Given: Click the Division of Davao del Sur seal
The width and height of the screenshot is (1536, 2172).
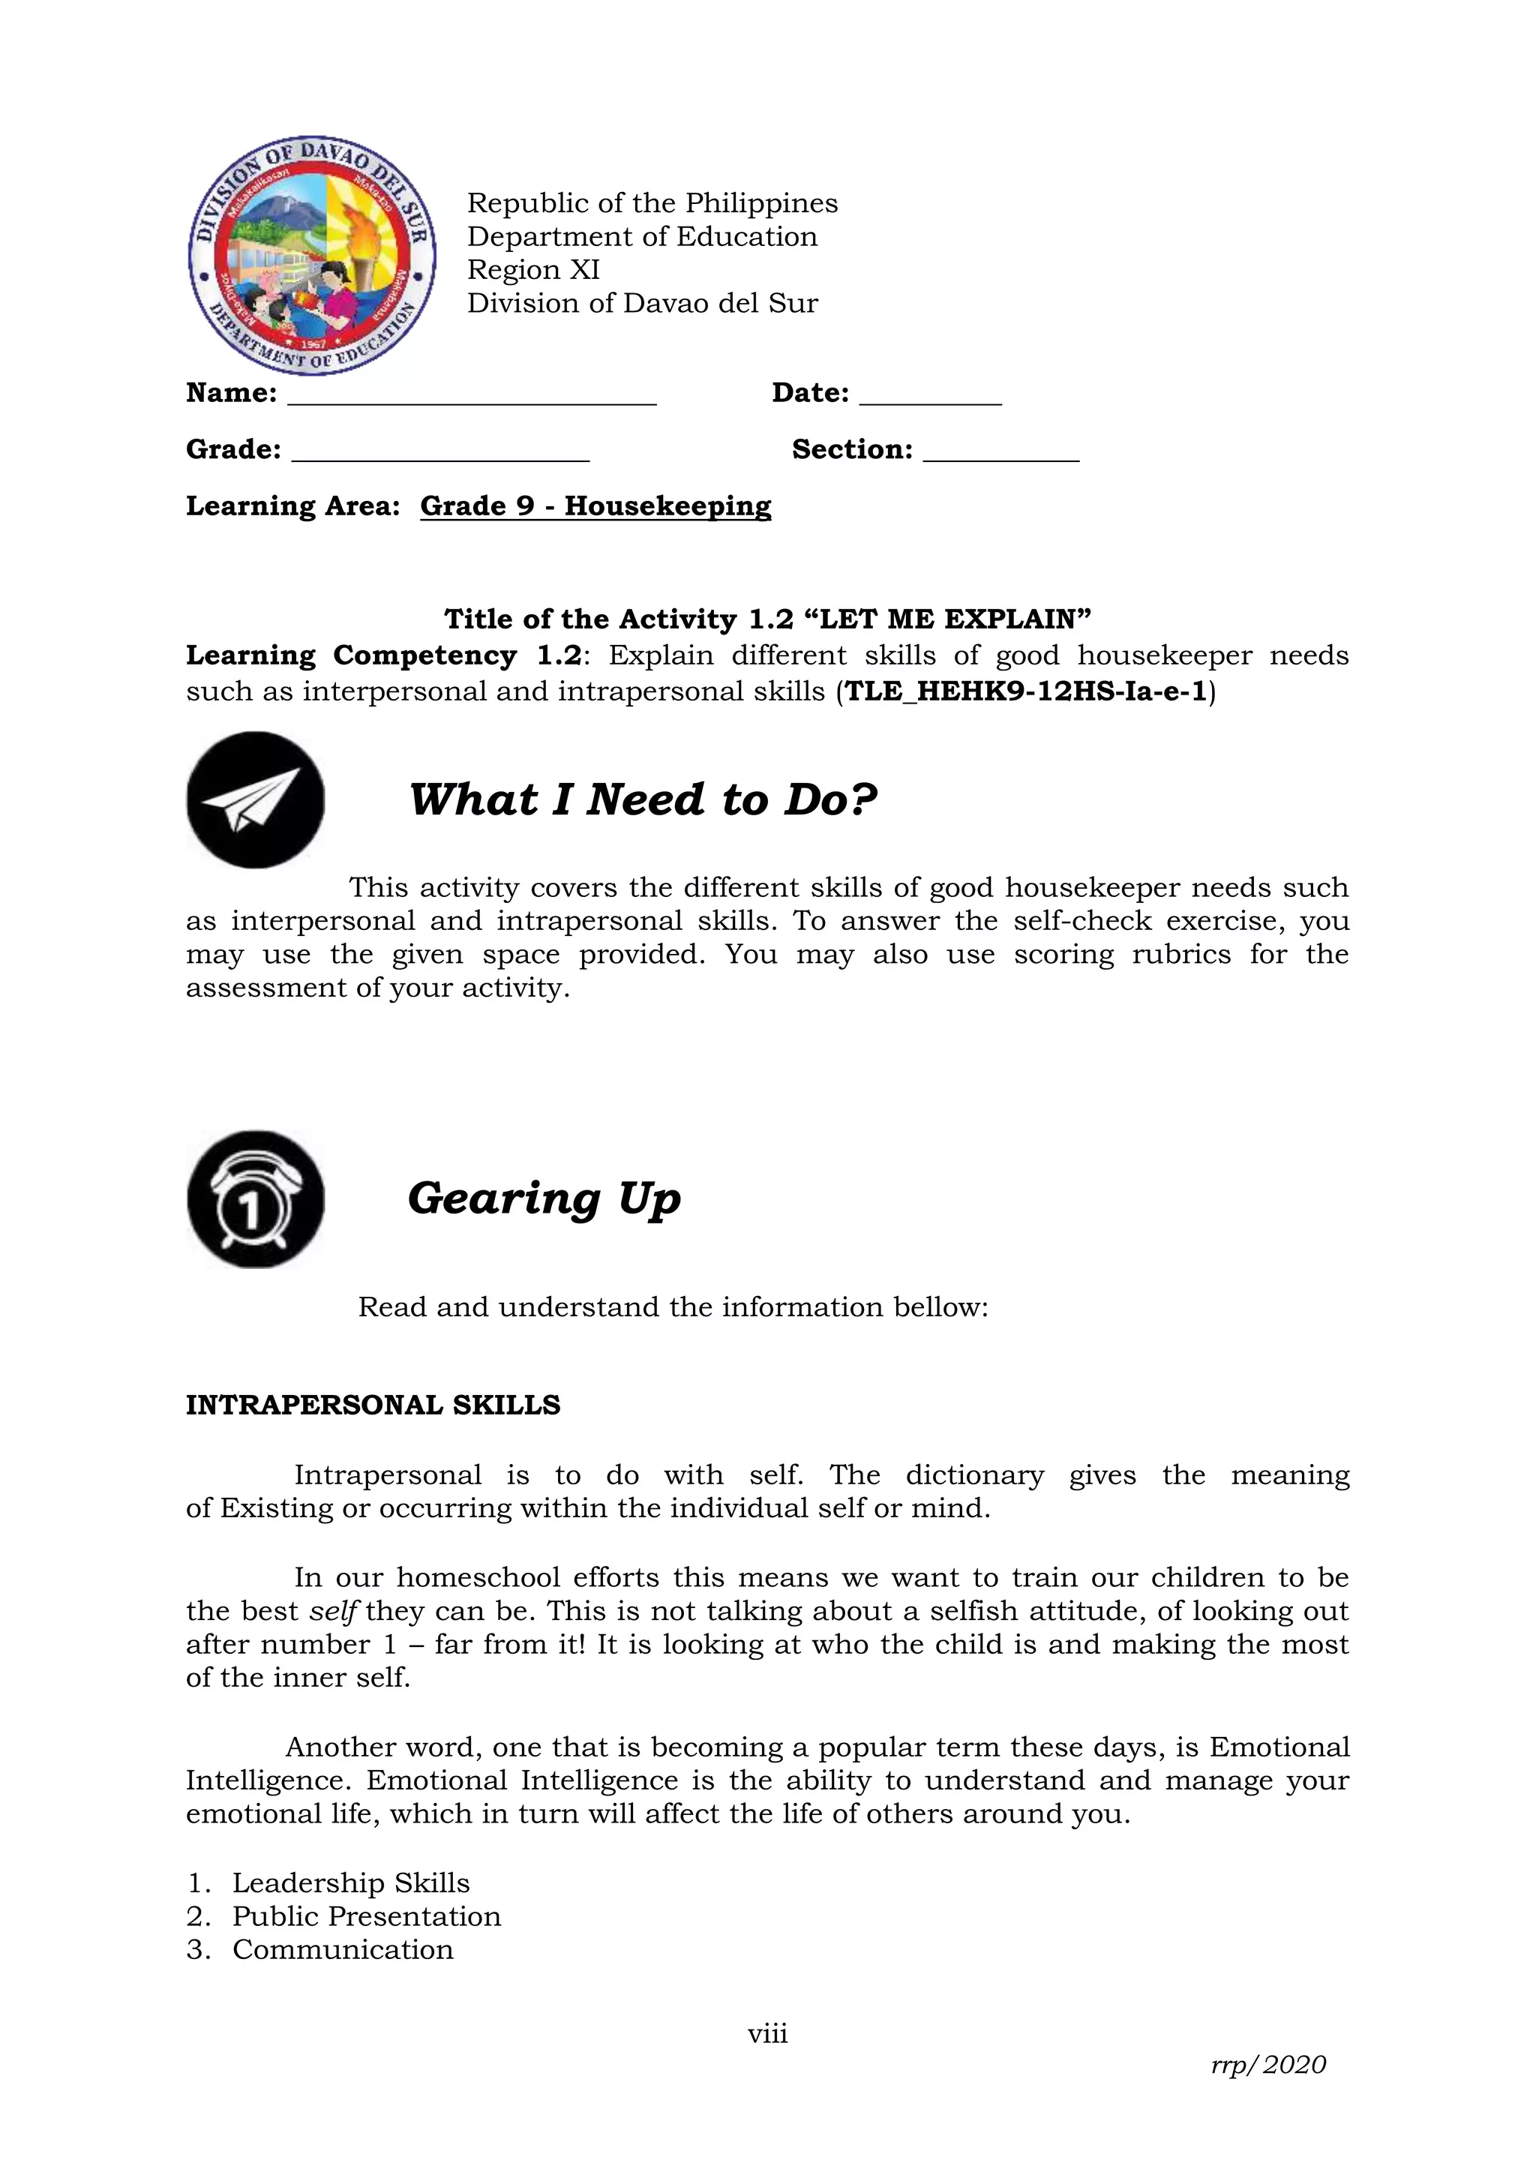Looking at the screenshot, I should pos(312,256).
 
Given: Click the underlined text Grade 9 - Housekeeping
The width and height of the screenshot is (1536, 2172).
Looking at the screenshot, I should pos(595,506).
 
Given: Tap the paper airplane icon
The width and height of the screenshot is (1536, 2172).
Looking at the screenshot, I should pos(255,800).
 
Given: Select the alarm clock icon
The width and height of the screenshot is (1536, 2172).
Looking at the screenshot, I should pos(255,1198).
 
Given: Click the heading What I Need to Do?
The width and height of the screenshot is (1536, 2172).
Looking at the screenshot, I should pos(643,800).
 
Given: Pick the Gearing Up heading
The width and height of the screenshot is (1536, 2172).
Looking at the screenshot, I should pos(544,1198).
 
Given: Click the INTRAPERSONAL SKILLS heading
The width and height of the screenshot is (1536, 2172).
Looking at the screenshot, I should pos(373,1405).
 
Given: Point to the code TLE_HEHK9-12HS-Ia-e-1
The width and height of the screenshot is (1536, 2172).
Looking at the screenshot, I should pos(1026,691).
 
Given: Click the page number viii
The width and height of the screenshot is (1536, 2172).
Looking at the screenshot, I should pos(767,2034).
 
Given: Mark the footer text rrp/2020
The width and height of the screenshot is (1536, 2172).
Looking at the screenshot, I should pos(1268,2065).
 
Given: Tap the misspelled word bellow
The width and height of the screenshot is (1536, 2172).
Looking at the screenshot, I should pos(939,1307).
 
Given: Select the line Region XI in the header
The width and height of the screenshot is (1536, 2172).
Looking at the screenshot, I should pos(533,269).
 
